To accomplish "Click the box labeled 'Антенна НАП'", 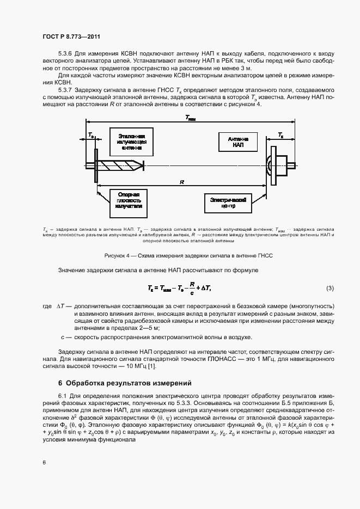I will pyautogui.click(x=238, y=143).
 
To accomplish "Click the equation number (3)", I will pyautogui.click(x=330, y=288).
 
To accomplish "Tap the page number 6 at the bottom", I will pyautogui.click(x=44, y=462).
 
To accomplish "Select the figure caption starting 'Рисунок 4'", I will pyautogui.click(x=188, y=255).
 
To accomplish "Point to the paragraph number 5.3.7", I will pyautogui.click(x=65, y=89).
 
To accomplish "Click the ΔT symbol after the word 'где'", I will pyautogui.click(x=61, y=308).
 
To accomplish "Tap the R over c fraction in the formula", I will pyautogui.click(x=192, y=288).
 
